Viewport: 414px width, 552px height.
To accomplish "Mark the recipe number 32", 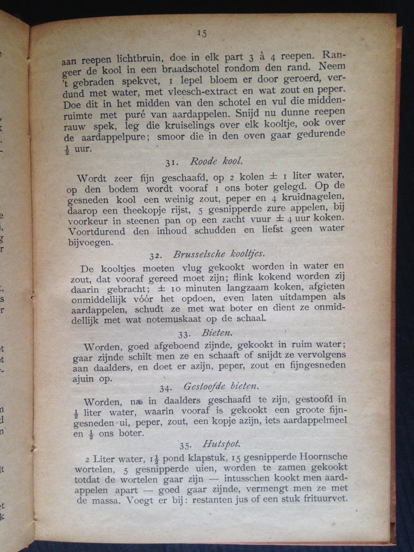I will [x=156, y=254].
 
